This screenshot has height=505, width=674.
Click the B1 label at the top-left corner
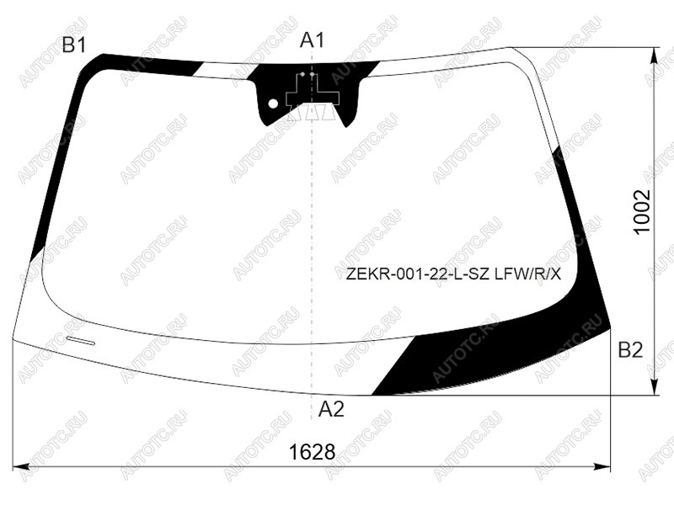pos(74,45)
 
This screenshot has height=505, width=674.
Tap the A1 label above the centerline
pos(312,40)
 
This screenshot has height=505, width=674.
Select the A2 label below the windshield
pos(331,409)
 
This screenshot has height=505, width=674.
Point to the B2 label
pos(630,350)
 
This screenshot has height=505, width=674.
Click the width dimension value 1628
pos(312,452)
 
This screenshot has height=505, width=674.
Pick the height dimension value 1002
pos(642,212)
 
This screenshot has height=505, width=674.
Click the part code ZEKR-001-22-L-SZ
pos(418,274)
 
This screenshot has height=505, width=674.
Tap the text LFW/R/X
pos(528,274)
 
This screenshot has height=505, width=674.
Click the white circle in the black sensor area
pos(273,104)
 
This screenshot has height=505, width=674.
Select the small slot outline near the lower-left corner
pos(80,341)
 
